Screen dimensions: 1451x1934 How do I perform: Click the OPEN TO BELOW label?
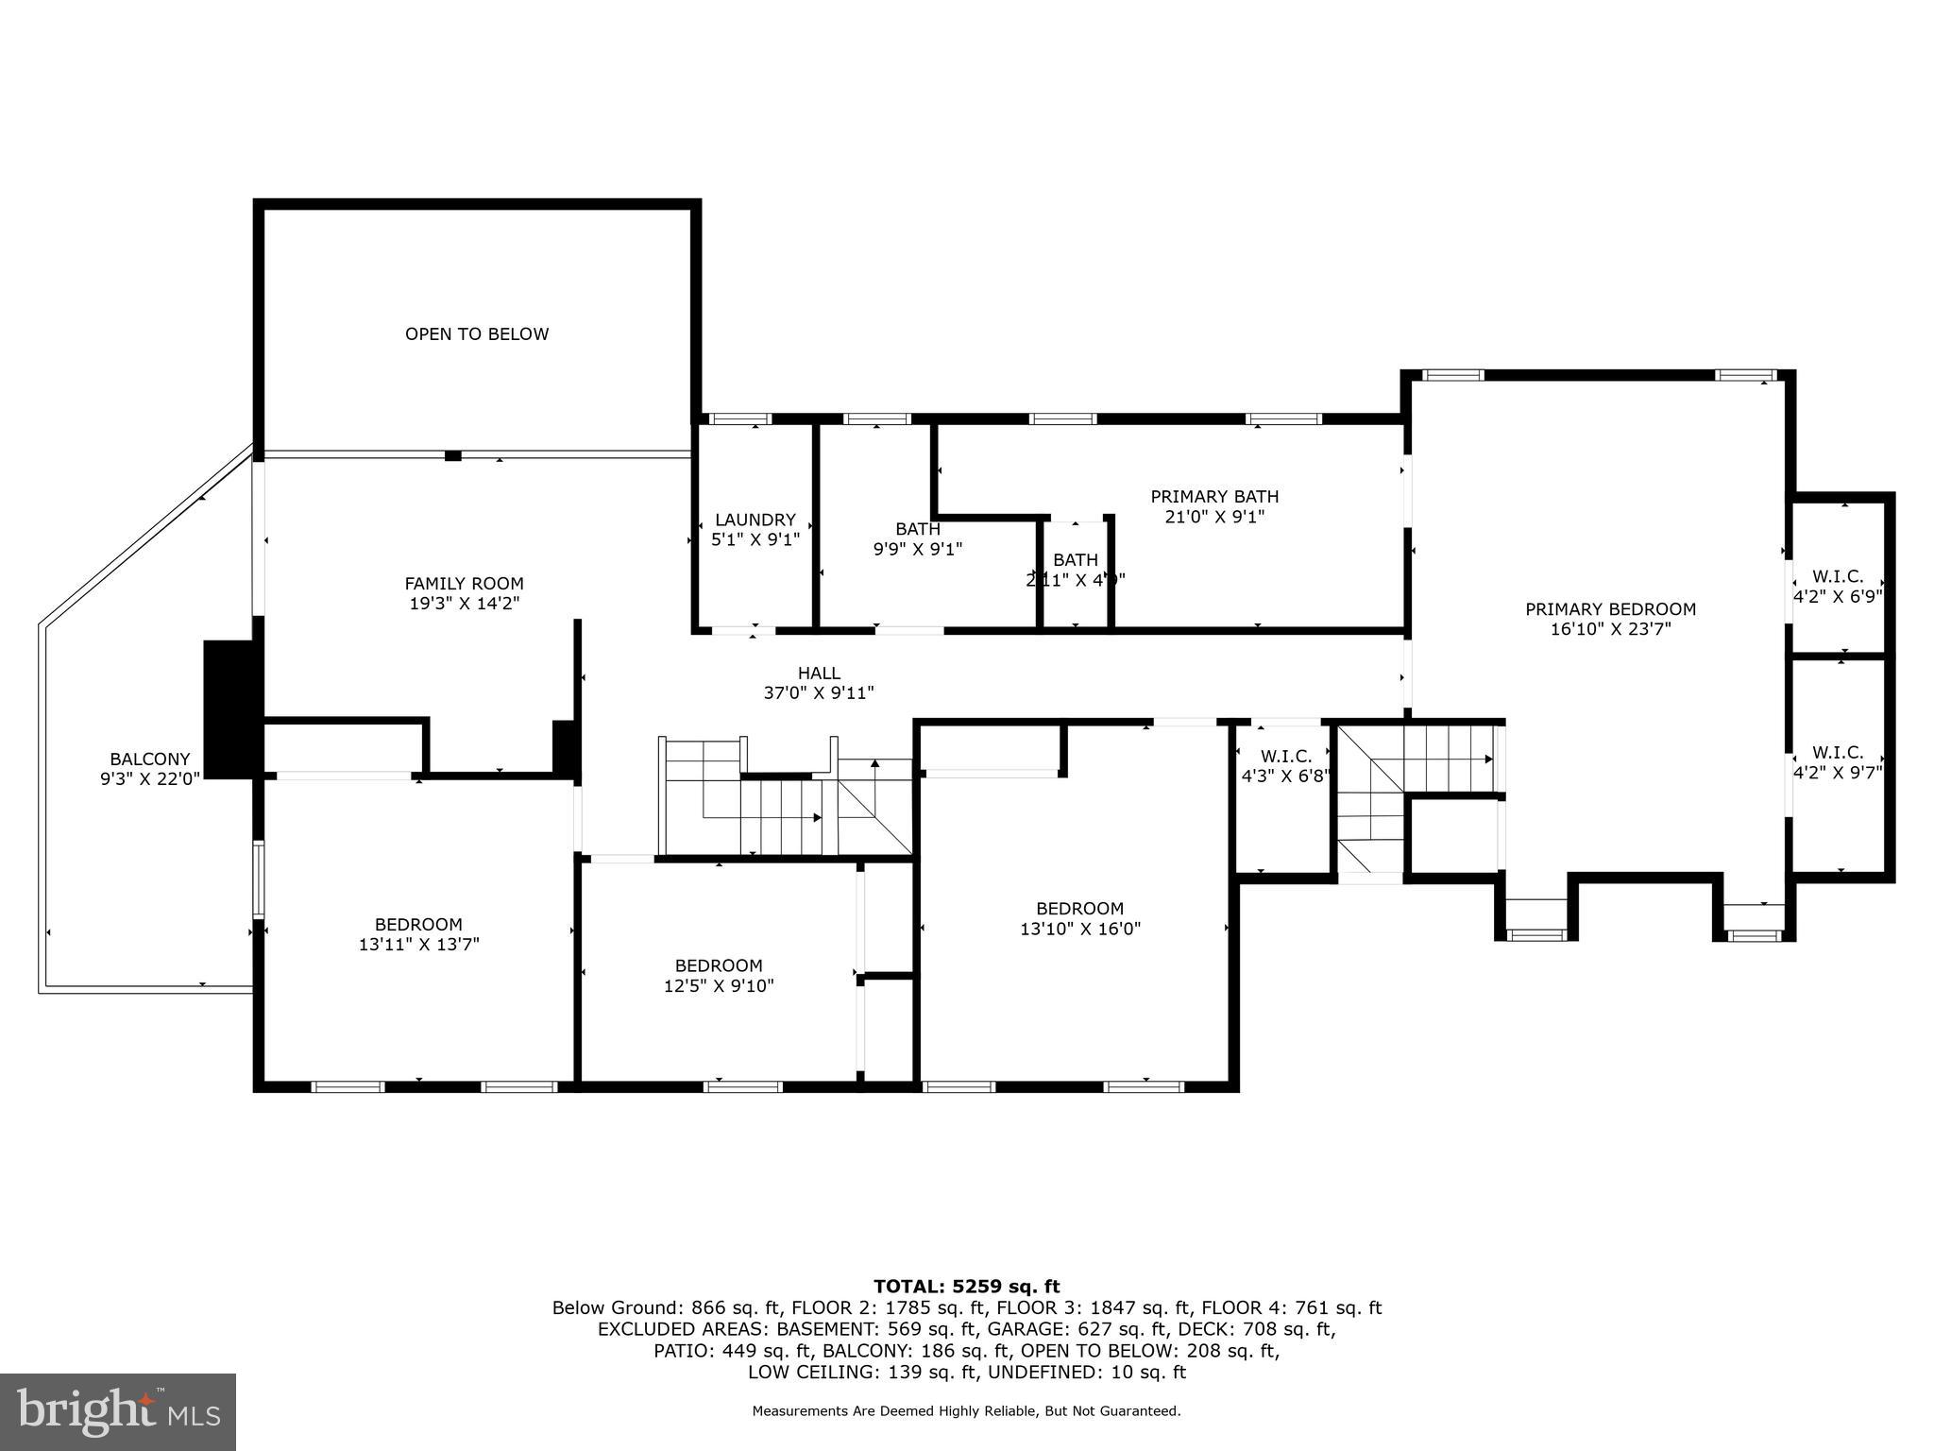tap(476, 333)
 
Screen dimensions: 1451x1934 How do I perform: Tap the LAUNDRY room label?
tap(755, 520)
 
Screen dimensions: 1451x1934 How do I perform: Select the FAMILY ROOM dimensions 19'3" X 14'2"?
tap(464, 604)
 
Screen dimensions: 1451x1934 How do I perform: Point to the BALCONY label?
tap(149, 759)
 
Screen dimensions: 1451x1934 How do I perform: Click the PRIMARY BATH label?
tap(1213, 496)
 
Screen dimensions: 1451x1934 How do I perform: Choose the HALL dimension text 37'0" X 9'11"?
tap(818, 693)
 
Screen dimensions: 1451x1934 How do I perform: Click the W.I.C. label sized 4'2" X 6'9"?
tap(1837, 576)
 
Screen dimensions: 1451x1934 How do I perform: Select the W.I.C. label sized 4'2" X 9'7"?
tap(1837, 753)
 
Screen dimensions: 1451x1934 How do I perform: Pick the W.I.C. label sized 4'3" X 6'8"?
tap(1285, 757)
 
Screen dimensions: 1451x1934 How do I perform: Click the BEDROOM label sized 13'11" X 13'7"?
tap(418, 924)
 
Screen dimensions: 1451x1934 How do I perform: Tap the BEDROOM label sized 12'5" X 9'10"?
tap(718, 965)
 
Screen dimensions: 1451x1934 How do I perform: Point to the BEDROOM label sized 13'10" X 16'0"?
tap(1079, 908)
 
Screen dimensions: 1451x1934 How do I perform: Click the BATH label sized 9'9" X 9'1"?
tap(917, 529)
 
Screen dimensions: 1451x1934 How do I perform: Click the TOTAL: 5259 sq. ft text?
tap(966, 1286)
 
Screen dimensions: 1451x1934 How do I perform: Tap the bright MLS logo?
tap(118, 1411)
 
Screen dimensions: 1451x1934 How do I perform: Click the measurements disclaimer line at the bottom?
tap(966, 1411)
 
